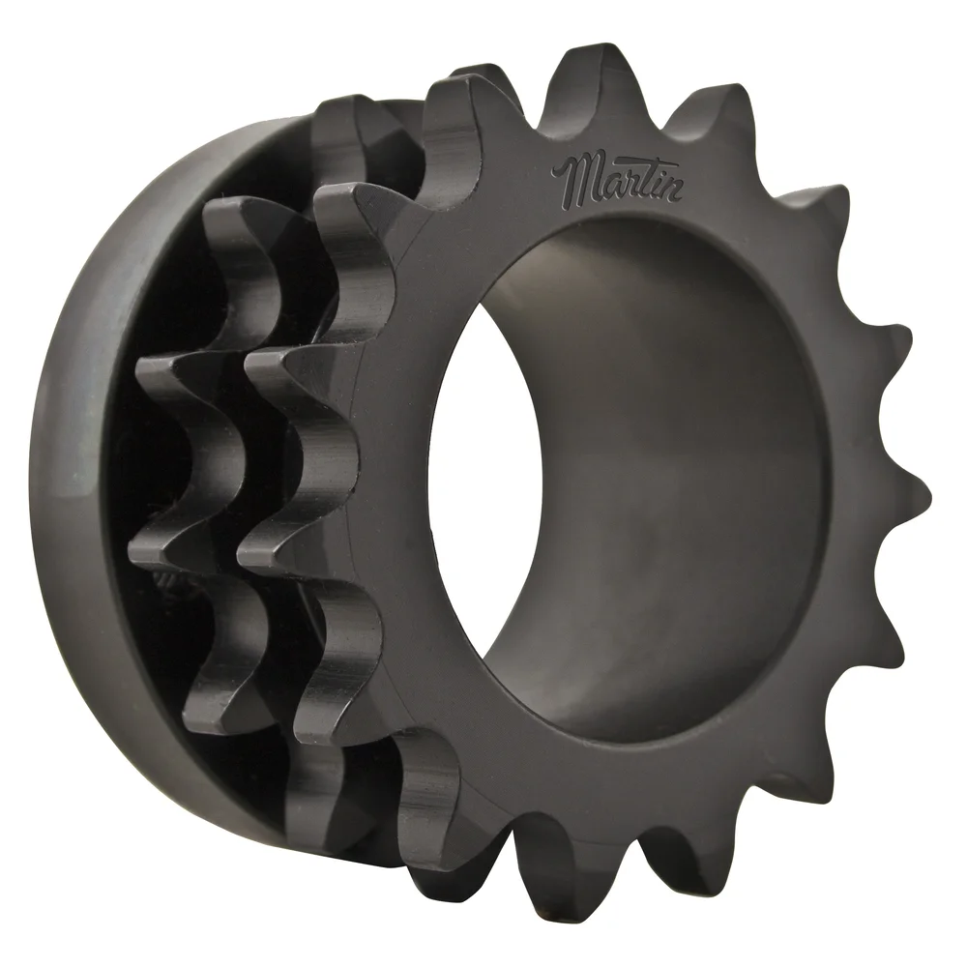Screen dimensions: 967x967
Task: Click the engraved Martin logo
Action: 619,178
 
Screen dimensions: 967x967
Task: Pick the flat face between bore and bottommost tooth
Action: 561,774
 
